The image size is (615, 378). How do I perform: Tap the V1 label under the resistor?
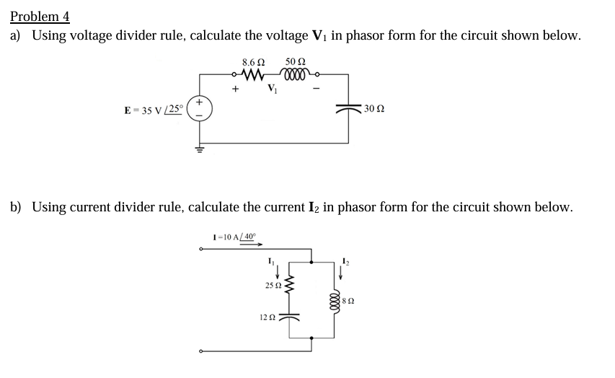coord(272,89)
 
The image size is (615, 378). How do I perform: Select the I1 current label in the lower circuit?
coord(270,260)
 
